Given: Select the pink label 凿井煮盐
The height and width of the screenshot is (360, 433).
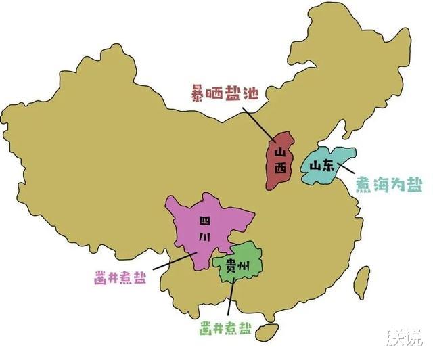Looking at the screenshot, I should (x=120, y=276).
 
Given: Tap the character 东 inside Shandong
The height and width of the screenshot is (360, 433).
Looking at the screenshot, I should (x=327, y=166).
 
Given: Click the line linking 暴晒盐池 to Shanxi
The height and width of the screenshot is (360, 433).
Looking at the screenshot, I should (x=258, y=124).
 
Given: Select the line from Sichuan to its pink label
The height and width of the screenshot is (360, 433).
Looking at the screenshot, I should (x=175, y=261).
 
